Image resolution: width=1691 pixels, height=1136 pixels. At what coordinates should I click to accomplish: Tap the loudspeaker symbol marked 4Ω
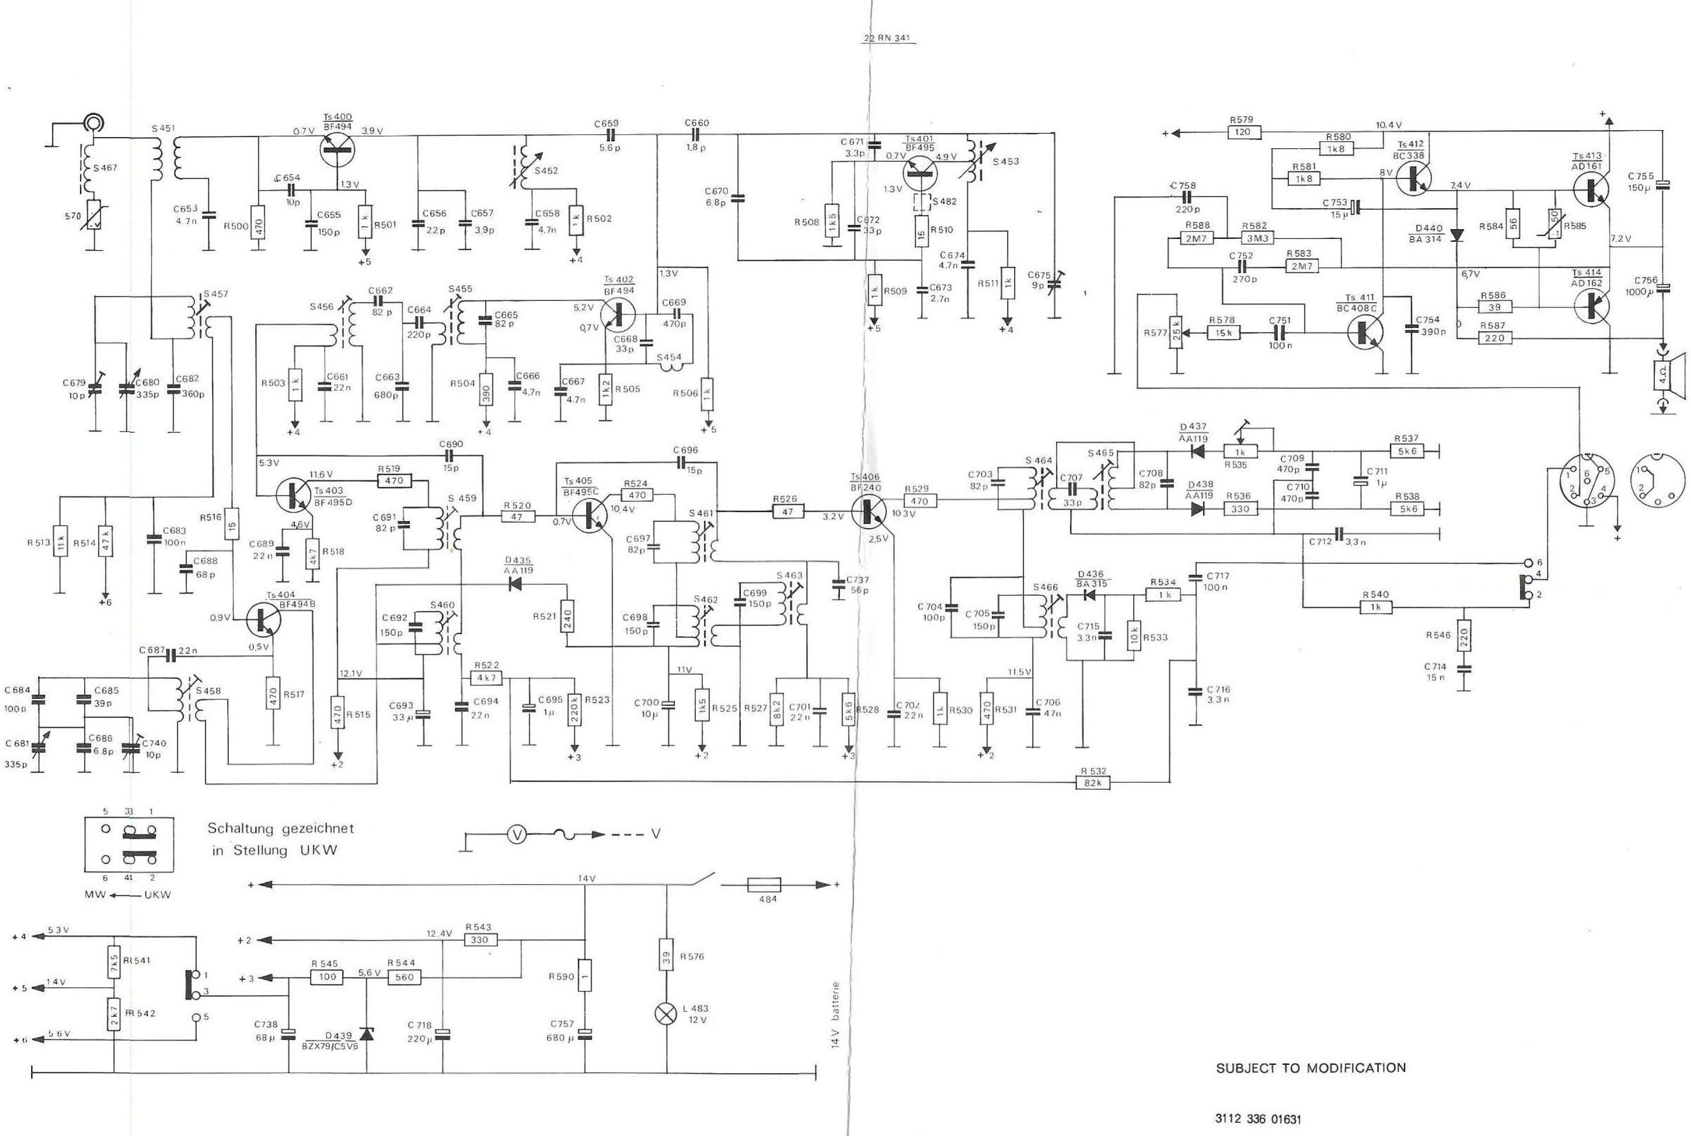tap(1664, 377)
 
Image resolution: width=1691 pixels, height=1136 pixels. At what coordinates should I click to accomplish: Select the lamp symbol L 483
tap(666, 1014)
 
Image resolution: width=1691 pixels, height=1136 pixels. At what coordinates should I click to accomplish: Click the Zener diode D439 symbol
tap(367, 1033)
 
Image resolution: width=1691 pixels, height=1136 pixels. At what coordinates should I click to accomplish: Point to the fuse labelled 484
tap(763, 885)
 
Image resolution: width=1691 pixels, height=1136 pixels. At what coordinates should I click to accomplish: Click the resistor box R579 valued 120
tap(1243, 132)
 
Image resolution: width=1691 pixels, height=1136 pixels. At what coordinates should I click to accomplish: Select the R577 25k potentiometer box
tap(1176, 332)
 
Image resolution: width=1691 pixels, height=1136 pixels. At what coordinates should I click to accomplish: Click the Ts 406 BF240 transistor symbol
tap(869, 511)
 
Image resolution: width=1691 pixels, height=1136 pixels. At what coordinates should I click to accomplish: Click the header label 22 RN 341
tap(887, 38)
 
